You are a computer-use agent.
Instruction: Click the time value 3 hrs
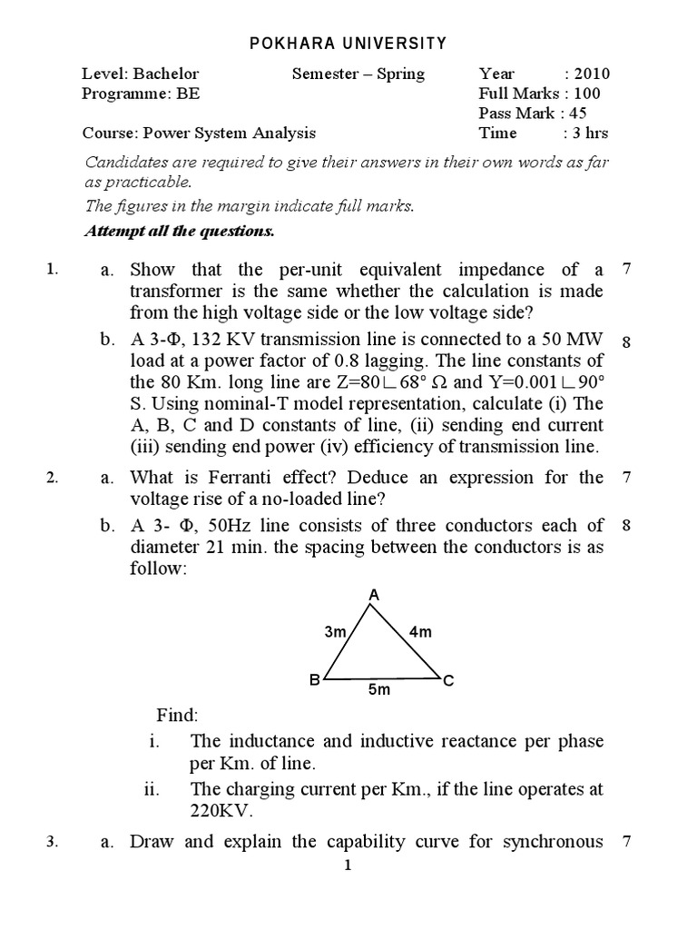click(x=590, y=133)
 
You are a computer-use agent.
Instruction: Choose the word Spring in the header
click(x=399, y=74)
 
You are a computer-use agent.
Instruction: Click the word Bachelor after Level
click(x=167, y=74)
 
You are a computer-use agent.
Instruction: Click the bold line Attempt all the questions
click(x=179, y=231)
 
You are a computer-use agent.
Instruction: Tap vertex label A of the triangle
click(x=373, y=595)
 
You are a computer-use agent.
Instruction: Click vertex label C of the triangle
click(x=447, y=680)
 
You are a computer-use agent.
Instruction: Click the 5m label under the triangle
click(x=378, y=691)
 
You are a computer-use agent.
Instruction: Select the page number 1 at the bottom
click(x=348, y=866)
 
